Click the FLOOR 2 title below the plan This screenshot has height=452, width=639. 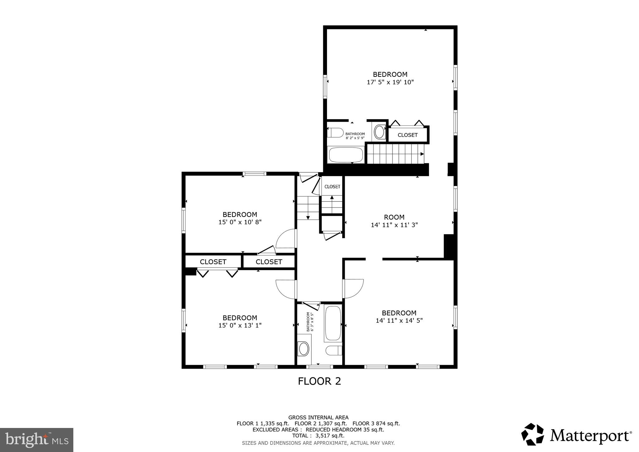click(319, 381)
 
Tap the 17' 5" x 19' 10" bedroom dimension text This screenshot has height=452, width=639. click(390, 82)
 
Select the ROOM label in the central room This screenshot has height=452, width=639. click(394, 217)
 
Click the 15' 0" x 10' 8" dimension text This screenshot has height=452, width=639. click(240, 222)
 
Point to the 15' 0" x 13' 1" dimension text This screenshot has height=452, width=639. click(240, 326)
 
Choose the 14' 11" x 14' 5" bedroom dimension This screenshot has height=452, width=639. click(399, 321)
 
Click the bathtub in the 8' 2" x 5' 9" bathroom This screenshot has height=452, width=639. click(346, 155)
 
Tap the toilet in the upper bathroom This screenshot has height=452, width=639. click(335, 132)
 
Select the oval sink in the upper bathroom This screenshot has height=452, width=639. click(379, 132)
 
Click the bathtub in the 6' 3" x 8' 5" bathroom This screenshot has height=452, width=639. click(333, 323)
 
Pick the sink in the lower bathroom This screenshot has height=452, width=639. click(304, 349)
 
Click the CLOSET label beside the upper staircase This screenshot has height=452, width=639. click(407, 135)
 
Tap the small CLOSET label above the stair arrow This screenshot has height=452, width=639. click(332, 187)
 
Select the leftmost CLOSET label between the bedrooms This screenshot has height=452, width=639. click(213, 262)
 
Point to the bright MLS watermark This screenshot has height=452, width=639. click(37, 440)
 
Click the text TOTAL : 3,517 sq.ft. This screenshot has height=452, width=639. click(318, 436)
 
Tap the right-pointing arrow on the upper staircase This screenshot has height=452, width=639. click(422, 154)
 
